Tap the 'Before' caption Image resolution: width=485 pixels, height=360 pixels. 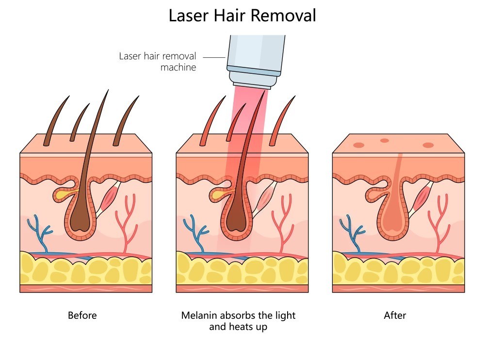[x=82, y=315]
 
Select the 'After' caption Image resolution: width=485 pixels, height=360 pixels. [x=395, y=315]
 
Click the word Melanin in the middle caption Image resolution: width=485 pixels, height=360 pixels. [x=199, y=315]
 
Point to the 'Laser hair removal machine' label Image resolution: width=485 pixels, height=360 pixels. [x=158, y=62]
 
